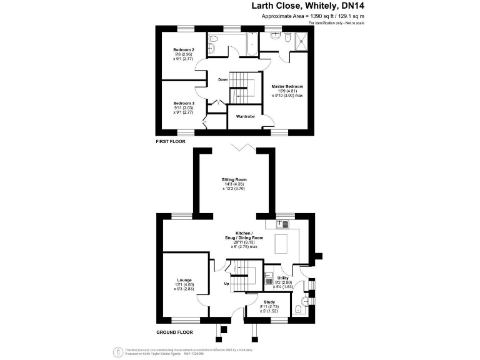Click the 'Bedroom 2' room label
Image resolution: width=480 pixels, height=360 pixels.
point(184,49)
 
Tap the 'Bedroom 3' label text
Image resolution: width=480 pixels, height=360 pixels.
point(184,103)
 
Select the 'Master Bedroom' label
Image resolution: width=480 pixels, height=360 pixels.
point(287,86)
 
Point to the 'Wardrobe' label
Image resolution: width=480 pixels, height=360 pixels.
point(244,116)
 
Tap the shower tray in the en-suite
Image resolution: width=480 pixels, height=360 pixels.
point(302,41)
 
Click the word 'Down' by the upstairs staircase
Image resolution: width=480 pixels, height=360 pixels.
point(223,79)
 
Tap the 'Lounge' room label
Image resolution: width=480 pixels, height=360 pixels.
point(184,280)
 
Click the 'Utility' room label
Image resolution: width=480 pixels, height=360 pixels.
point(282,277)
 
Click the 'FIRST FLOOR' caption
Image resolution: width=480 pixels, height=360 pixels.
point(172,142)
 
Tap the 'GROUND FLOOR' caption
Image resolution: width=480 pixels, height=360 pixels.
point(175,332)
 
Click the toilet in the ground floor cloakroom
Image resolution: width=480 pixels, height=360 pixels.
point(301,307)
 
